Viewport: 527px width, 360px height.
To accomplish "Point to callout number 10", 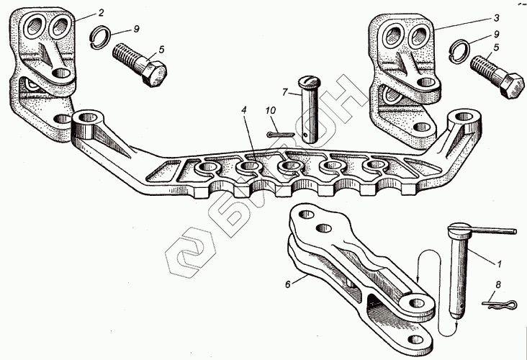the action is point(271,111).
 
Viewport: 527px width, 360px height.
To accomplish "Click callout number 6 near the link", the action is point(287,284).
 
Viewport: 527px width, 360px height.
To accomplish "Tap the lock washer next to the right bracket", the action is point(457,50).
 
